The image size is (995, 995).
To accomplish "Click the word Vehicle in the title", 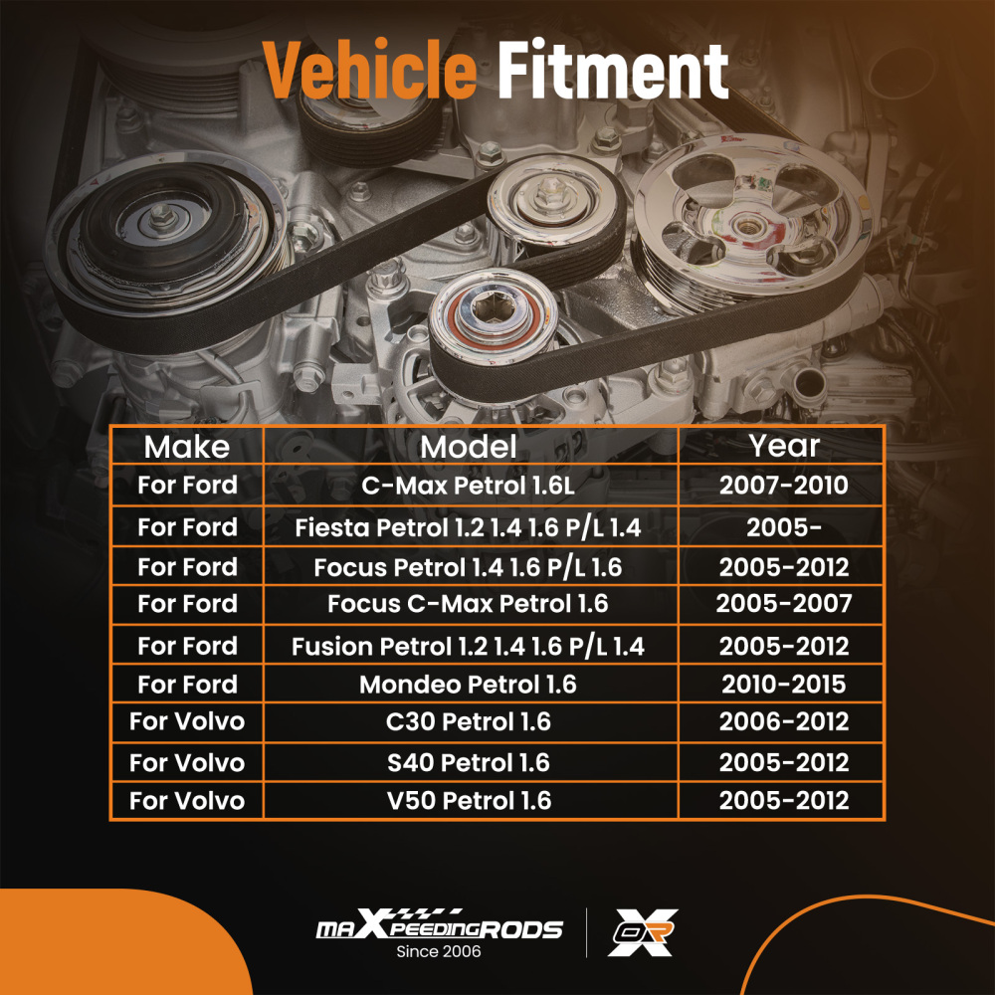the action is point(369,70).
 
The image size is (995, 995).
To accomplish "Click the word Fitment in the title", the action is point(612,70).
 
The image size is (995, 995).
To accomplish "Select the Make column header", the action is point(187,447).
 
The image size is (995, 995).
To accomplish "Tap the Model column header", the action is point(469,447).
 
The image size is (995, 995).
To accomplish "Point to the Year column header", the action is point(784,446).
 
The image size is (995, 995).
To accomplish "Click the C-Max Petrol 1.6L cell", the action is point(469,486).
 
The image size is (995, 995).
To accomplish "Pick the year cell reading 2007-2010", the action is point(784,486).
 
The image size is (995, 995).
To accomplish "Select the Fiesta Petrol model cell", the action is point(469,528).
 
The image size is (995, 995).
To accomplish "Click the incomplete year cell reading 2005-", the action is point(784,528).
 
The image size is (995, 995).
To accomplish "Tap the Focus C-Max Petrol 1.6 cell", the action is point(469,604).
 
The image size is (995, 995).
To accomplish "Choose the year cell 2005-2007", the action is point(784,604).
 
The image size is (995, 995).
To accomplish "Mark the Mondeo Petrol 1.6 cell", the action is point(469,685).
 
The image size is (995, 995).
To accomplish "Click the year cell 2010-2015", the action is point(784,685).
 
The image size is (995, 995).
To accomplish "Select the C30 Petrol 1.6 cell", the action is point(469,722).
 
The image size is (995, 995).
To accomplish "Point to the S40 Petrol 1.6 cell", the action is point(469,763).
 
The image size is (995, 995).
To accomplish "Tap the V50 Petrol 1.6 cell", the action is point(469,801).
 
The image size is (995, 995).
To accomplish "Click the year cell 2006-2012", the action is point(784,722).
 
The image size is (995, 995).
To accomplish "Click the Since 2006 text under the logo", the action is point(439,951).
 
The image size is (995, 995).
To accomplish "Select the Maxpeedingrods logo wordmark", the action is point(439,925).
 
